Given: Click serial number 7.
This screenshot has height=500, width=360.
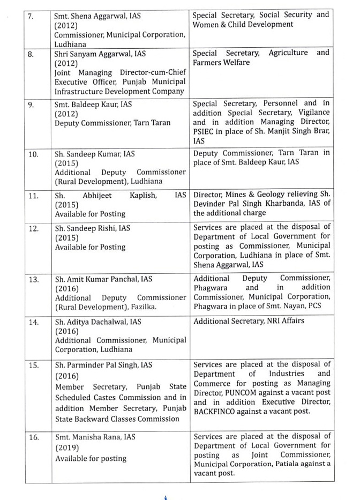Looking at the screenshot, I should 31,16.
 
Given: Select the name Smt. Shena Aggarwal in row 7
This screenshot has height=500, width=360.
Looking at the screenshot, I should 89,16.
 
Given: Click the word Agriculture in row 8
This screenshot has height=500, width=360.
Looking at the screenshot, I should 288,53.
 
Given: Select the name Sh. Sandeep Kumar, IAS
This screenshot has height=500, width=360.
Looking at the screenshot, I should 95,154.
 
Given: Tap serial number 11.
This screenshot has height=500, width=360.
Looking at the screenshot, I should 33,195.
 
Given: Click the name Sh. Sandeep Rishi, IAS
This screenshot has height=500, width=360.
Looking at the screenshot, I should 93,228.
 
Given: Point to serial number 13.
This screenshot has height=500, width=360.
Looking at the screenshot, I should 33,279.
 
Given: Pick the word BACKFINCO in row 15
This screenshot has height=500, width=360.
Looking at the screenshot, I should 216,412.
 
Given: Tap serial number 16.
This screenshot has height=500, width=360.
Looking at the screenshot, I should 33,437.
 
